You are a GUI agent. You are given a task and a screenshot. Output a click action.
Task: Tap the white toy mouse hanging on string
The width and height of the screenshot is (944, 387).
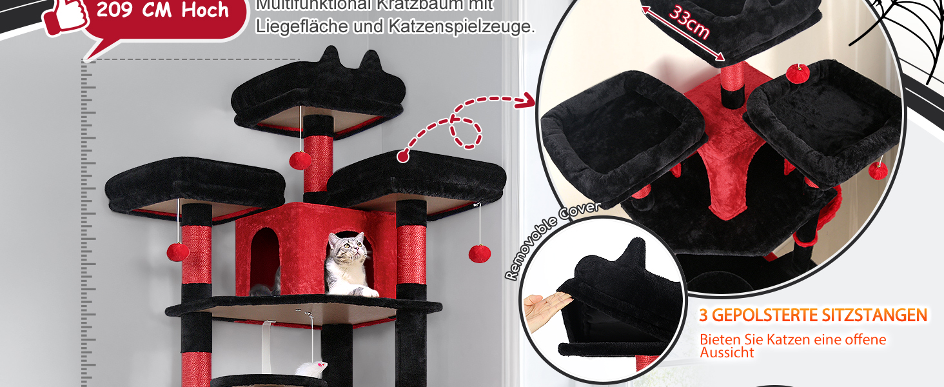[x=311, y=368]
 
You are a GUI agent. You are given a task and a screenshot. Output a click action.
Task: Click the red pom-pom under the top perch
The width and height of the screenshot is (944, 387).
[x=300, y=160]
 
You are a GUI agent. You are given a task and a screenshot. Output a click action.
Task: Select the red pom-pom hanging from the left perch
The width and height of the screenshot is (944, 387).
[x=178, y=252]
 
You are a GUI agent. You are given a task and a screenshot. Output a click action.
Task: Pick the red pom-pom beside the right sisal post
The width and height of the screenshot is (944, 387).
[x=479, y=253]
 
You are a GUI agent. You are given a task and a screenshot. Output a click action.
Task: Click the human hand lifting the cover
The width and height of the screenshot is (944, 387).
[x=546, y=309]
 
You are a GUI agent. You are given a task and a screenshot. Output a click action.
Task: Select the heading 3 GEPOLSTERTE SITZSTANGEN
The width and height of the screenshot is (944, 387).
[x=814, y=315]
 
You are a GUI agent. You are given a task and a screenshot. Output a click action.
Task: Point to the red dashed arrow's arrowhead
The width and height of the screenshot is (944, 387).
[x=528, y=101]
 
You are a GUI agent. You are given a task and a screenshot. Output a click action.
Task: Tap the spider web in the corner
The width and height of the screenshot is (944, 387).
[x=903, y=32]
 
